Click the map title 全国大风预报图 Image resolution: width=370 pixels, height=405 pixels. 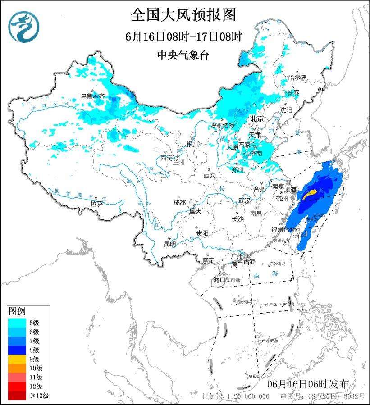pos(183,15)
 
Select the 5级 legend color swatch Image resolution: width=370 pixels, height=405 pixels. pos(16,322)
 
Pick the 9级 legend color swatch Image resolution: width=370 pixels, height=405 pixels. pos(16,359)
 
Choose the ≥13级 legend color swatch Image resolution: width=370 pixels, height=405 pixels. pos(16,396)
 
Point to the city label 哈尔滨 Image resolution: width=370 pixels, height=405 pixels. pos(297,78)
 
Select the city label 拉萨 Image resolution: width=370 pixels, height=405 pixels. pos(96,204)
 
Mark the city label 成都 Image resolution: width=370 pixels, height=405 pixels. pos(179,203)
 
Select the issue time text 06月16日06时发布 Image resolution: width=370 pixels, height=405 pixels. pos(307,384)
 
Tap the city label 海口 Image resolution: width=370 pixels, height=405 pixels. pos(219,280)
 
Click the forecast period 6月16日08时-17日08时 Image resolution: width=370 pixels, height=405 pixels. pos(183,36)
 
